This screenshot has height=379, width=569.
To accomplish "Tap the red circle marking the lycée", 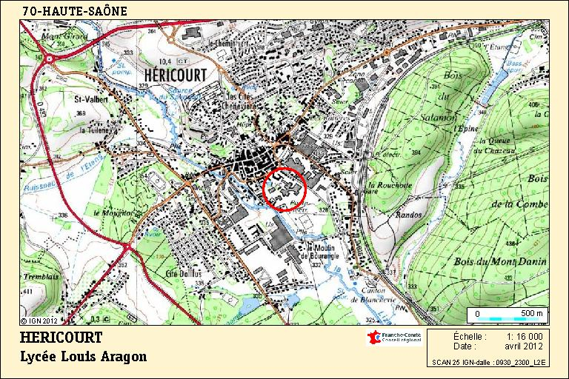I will [284, 189].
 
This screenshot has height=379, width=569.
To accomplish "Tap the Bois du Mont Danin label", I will [510, 261].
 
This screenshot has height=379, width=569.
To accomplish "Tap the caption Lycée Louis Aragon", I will [84, 357].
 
